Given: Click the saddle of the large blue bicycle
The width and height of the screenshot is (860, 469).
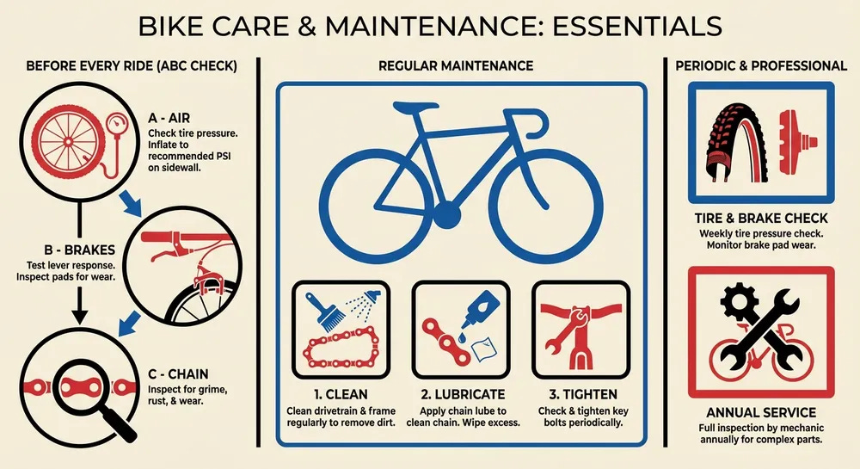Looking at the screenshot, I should pyautogui.click(x=410, y=109).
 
